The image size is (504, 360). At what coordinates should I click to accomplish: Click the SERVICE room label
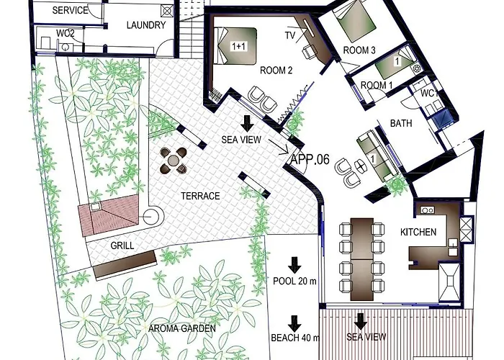click(70, 11)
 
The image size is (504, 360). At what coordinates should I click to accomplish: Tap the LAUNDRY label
click(146, 25)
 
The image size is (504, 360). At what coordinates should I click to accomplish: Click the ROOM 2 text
click(276, 70)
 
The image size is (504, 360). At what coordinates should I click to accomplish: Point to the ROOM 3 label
click(359, 50)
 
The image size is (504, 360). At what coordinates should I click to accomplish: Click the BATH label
click(401, 123)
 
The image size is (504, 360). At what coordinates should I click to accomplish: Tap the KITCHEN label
click(418, 232)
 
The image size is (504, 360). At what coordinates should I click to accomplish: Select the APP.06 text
click(310, 160)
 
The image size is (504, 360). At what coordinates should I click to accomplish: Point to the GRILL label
click(122, 245)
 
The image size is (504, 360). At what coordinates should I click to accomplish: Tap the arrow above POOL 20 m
click(294, 264)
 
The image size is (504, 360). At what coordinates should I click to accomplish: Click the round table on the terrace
click(174, 160)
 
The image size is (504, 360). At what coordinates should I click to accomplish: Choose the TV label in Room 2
click(290, 35)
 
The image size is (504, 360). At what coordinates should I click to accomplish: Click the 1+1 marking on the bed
click(238, 46)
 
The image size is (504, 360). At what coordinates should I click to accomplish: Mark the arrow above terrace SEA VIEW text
click(247, 122)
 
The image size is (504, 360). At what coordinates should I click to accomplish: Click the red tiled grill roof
click(107, 215)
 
